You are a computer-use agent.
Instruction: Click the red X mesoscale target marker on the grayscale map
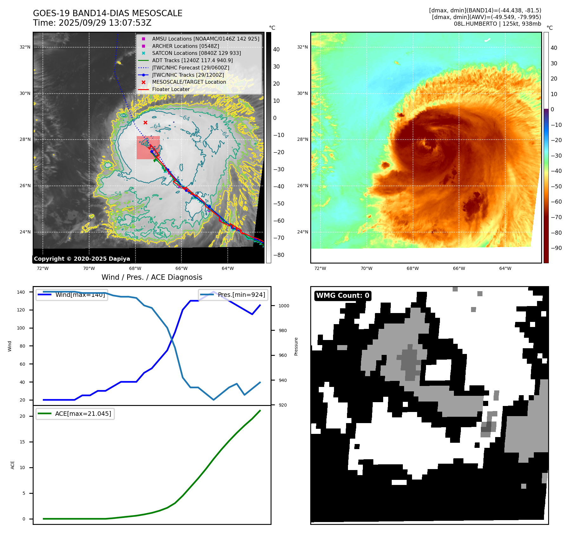[145, 123]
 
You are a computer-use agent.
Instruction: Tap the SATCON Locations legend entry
[196, 53]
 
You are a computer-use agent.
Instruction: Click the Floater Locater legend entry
[171, 89]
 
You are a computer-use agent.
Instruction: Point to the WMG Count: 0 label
[343, 296]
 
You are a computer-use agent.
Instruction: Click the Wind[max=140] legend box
[72, 295]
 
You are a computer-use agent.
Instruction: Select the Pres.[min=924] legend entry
[233, 295]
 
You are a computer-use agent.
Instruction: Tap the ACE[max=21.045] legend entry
[75, 414]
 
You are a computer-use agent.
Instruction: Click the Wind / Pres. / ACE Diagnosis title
[152, 277]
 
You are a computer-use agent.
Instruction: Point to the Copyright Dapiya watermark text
[82, 259]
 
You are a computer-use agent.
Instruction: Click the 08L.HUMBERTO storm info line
[497, 24]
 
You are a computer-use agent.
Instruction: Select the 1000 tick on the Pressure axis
[284, 306]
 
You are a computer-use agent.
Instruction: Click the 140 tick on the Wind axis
[21, 292]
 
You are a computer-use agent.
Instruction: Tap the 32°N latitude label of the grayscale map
[25, 47]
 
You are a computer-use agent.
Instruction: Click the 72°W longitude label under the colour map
[320, 268]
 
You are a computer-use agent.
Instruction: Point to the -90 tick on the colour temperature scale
[556, 248]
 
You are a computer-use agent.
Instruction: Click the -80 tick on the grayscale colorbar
[279, 255]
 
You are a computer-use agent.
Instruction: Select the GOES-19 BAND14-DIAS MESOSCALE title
[108, 13]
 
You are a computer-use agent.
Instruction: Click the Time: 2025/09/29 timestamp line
[92, 23]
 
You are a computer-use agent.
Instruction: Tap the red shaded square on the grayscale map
[148, 147]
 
